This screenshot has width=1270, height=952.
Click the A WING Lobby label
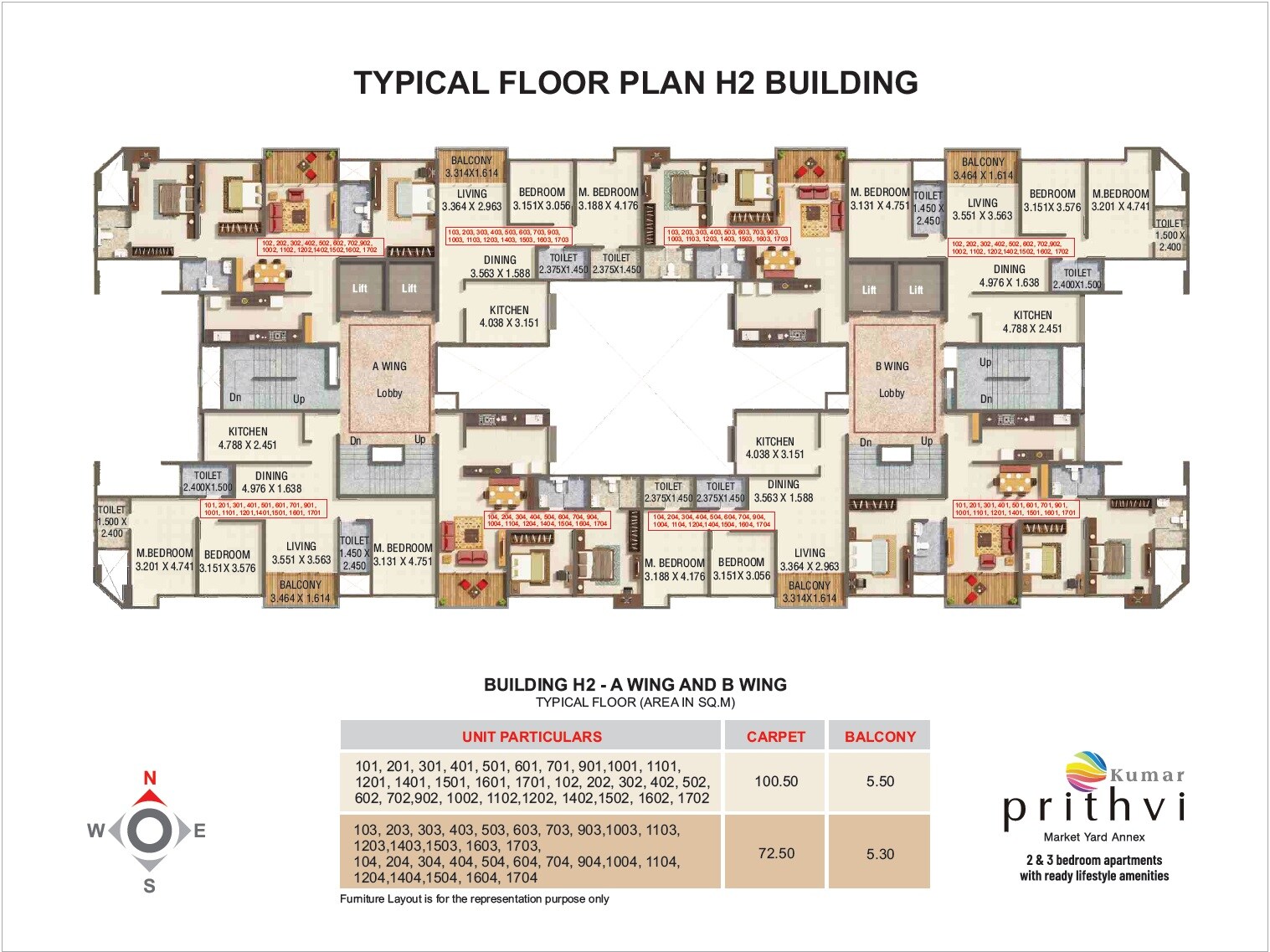click(x=389, y=379)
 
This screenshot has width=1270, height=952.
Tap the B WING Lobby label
click(x=892, y=379)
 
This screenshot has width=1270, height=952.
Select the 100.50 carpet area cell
click(x=776, y=781)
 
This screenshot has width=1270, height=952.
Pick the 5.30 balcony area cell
click(x=880, y=854)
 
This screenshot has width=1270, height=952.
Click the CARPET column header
click(x=775, y=737)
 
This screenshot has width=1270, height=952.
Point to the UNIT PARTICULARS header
click(x=532, y=737)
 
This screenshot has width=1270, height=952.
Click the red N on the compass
click(x=150, y=778)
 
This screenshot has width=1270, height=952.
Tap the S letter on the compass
click(x=149, y=886)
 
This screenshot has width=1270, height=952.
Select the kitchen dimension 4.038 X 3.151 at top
click(x=509, y=316)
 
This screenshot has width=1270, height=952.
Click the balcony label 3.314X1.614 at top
click(x=471, y=167)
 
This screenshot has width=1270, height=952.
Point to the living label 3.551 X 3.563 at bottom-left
click(x=301, y=553)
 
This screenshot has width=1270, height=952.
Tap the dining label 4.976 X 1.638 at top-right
click(x=1009, y=276)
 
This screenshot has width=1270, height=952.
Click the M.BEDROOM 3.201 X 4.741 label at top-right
click(x=1120, y=200)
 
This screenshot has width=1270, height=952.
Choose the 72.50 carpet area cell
click(x=776, y=853)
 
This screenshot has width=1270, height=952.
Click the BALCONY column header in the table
click(x=880, y=737)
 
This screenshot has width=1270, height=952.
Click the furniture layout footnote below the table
click(x=474, y=899)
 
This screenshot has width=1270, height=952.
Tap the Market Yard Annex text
click(x=1093, y=837)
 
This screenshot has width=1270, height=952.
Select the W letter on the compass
click(x=96, y=831)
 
